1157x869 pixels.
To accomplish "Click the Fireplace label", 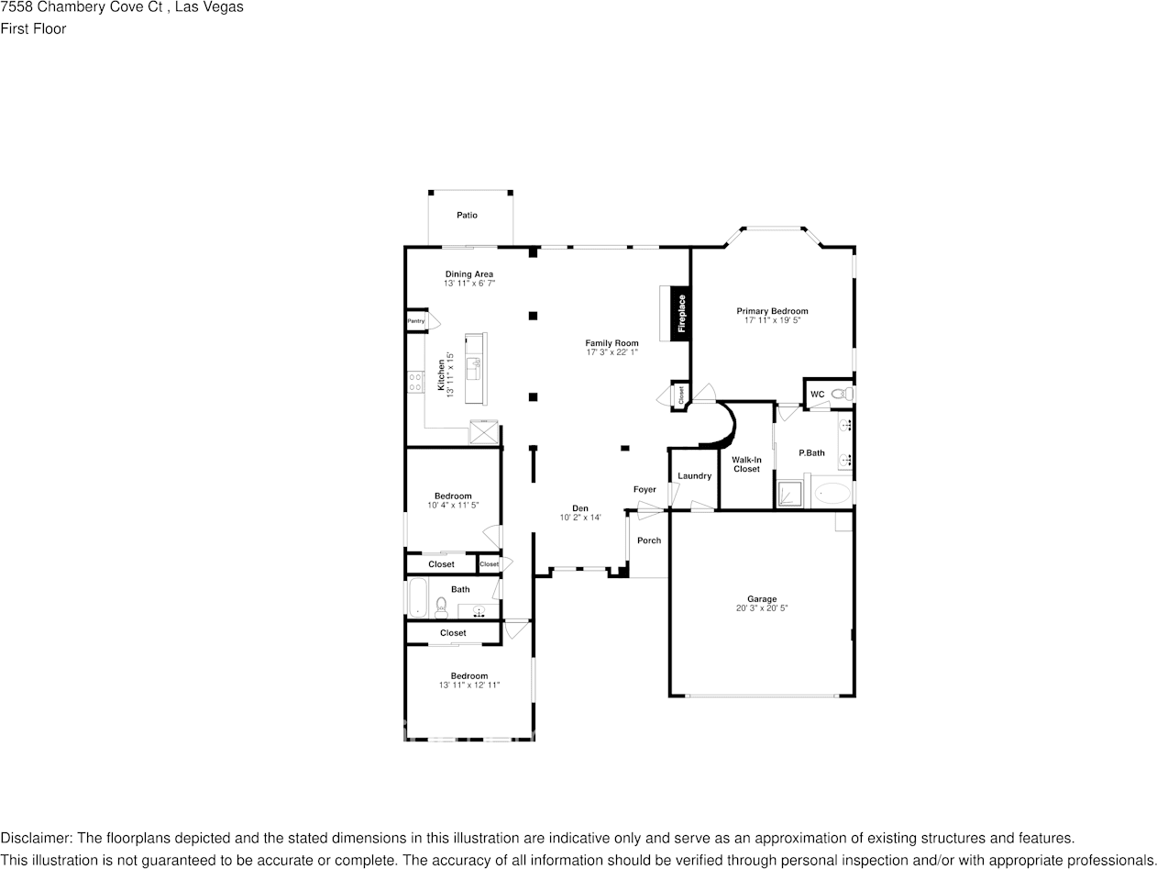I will pos(681,313).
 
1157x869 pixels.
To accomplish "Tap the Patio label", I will pos(467,215).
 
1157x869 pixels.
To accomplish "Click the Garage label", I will pos(761,599).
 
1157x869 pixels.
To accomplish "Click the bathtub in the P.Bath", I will pos(832,494).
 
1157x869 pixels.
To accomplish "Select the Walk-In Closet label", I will pos(746,464).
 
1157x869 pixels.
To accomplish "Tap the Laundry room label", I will pos(694,475).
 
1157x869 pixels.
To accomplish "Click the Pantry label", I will pos(416,321).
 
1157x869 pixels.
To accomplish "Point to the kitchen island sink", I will pos(475,369).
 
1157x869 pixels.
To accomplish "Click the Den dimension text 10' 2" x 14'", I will pos(580,518).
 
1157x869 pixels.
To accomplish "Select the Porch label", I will pos(649,540).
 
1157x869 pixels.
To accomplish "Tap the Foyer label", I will pos(645,489).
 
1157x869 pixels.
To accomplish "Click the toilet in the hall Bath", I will pos(441,607).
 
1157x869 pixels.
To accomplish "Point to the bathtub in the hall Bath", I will pos(417,598).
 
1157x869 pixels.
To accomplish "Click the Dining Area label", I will pos(469,273).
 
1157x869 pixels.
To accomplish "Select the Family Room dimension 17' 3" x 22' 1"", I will pos(612,352).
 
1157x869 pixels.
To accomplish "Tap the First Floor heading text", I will pos(33,28).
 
